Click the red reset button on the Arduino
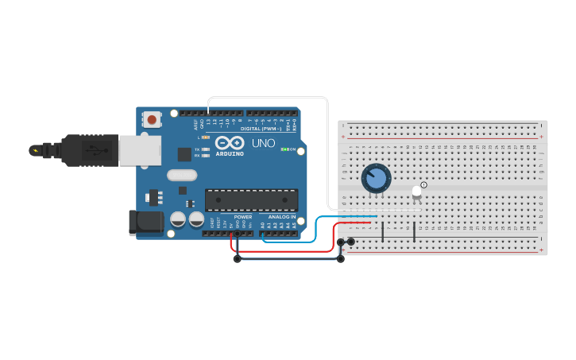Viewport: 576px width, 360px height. (151, 120)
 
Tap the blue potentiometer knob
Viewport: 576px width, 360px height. (376, 178)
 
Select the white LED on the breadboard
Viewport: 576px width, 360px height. (416, 192)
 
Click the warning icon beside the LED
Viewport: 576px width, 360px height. (423, 185)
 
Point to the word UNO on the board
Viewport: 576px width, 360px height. (263, 144)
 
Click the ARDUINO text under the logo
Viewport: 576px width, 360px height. (230, 153)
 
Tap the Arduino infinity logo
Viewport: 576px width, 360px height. (229, 143)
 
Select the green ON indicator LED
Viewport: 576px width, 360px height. (284, 149)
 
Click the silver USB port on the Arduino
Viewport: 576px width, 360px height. (140, 149)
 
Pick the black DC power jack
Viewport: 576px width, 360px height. (146, 222)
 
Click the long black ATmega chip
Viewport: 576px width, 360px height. (251, 199)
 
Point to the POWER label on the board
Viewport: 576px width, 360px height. (243, 217)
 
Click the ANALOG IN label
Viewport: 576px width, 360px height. (281, 217)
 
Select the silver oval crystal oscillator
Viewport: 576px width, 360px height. (182, 175)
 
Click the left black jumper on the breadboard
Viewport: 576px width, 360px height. (383, 232)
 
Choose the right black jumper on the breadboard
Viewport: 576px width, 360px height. (414, 232)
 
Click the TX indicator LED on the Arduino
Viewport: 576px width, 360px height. (206, 149)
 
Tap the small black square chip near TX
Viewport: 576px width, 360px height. (184, 154)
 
